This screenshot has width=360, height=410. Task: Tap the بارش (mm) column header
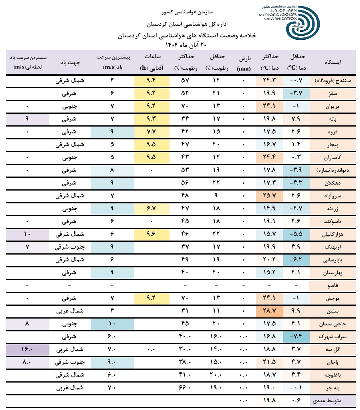click(x=243, y=62)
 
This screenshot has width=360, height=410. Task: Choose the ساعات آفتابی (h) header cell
click(x=152, y=62)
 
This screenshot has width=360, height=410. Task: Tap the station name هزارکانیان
click(x=338, y=234)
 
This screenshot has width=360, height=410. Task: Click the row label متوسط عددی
click(x=336, y=400)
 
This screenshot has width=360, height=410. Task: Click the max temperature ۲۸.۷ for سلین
click(x=268, y=310)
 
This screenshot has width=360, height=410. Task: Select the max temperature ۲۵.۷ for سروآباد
click(x=268, y=195)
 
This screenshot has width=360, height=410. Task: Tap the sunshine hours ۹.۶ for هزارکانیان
click(x=152, y=234)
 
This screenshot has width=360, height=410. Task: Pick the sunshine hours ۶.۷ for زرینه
click(x=152, y=208)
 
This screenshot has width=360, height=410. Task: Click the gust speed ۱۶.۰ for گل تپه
click(x=28, y=349)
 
